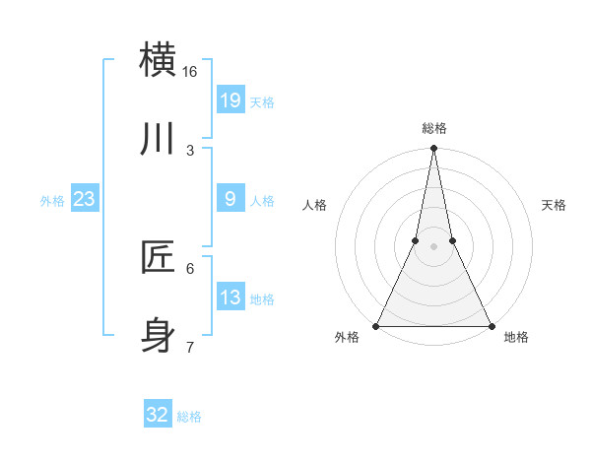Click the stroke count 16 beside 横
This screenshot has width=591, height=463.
pos(190,72)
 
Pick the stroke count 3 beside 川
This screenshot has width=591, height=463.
pos(190,151)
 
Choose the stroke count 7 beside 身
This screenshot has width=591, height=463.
pos(190,347)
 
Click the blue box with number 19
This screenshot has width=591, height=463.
pos(230,100)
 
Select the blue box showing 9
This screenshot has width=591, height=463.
pos(230,199)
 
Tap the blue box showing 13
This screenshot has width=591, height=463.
pos(230,298)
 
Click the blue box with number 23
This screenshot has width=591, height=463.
pos(85,199)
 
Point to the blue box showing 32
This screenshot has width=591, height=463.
pos(158,415)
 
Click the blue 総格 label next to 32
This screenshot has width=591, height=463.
pos(189,417)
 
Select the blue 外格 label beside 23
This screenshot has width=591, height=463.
pos(52,201)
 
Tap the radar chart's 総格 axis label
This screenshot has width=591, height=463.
pos(434,128)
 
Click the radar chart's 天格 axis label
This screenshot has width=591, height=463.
pos(554,205)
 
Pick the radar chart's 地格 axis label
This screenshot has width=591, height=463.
pos(516,338)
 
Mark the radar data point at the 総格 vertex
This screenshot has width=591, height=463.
pos(434,149)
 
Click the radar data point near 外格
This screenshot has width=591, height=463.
pos(377,325)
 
